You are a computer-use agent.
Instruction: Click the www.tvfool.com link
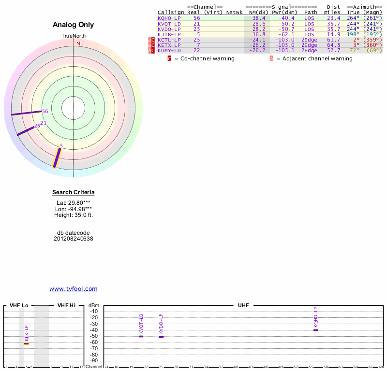(x=74, y=289)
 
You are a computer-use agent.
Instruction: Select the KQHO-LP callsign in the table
(x=169, y=18)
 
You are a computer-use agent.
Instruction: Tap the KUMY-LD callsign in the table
(x=169, y=50)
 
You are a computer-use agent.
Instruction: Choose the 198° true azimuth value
(x=354, y=34)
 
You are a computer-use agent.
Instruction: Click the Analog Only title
(x=74, y=25)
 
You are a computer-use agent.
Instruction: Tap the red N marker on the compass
(x=78, y=43)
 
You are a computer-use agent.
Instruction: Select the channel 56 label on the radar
(x=45, y=112)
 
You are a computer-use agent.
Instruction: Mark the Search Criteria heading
(x=74, y=193)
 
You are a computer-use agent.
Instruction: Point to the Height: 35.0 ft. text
(x=74, y=215)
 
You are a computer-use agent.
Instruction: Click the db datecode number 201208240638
(x=74, y=239)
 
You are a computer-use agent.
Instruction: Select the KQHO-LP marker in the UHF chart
(x=315, y=330)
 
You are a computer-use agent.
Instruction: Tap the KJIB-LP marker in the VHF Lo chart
(x=26, y=343)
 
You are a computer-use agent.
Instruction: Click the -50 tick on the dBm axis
(x=94, y=336)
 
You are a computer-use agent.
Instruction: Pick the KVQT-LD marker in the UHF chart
(x=141, y=336)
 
